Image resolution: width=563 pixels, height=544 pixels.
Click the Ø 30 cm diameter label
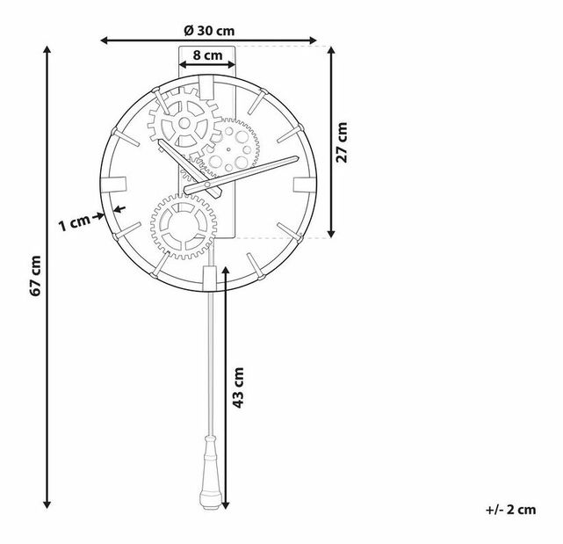(x=209, y=29)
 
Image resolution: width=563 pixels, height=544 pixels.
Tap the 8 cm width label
(x=207, y=54)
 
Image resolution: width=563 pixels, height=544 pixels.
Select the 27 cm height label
(x=343, y=141)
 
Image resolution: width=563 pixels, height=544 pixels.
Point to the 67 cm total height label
(x=35, y=277)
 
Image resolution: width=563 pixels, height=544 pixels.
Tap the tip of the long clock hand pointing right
(x=297, y=158)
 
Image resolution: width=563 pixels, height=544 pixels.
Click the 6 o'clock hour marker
(x=208, y=277)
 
